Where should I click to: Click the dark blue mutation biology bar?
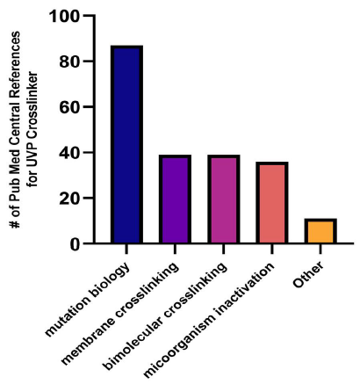click(126, 144)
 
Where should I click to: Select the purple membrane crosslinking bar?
click(175, 199)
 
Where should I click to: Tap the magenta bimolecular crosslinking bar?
click(224, 199)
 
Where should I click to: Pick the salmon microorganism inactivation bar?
click(272, 202)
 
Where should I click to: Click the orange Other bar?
click(320, 231)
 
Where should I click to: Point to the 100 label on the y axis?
click(64, 16)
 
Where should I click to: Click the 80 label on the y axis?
click(69, 62)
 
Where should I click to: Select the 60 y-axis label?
click(69, 107)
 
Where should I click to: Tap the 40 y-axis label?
click(69, 153)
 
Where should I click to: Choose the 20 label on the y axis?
click(69, 199)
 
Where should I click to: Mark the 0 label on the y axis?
click(75, 244)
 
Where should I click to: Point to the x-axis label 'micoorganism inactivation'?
click(209, 320)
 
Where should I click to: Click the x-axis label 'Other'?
click(308, 274)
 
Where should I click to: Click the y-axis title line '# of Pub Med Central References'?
click(15, 130)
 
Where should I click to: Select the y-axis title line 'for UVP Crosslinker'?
click(32, 130)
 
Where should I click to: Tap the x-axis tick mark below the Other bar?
click(320, 249)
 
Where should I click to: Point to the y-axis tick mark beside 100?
click(89, 15)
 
